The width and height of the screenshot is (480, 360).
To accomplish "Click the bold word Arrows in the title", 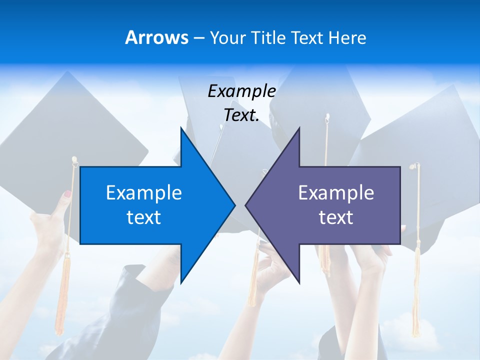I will [156, 37].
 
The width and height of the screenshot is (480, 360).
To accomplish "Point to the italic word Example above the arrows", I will [241, 91].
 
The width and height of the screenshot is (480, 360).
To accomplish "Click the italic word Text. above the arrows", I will [241, 115].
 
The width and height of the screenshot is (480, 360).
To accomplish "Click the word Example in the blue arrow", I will [144, 192].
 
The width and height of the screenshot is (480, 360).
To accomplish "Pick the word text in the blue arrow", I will [144, 217].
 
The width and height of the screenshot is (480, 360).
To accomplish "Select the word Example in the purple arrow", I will [336, 192].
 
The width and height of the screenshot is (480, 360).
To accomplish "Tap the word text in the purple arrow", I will [336, 217].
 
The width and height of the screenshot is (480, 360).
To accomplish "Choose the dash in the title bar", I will [198, 38].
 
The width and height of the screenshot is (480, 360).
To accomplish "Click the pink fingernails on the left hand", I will [67, 193].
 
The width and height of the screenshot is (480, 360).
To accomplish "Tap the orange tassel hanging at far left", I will [62, 300].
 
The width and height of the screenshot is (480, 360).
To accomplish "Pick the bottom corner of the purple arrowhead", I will [298, 282].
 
